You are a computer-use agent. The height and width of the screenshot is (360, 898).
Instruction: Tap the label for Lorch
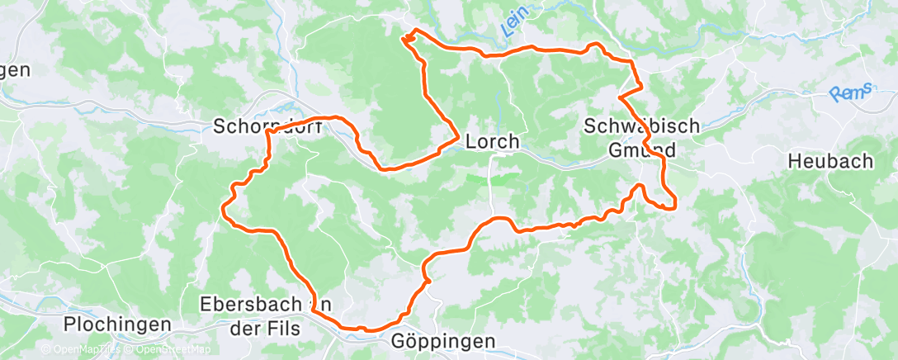(493, 142)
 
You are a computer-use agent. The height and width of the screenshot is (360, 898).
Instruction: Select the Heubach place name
(830, 161)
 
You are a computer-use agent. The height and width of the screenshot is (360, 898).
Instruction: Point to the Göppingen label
(442, 340)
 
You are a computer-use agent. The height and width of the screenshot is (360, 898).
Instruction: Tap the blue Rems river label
(851, 93)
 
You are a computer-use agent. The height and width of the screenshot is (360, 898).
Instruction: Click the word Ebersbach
(253, 304)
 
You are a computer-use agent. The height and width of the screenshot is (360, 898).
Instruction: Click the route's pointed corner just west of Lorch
(458, 138)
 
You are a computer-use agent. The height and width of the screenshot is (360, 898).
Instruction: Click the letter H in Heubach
(796, 161)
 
